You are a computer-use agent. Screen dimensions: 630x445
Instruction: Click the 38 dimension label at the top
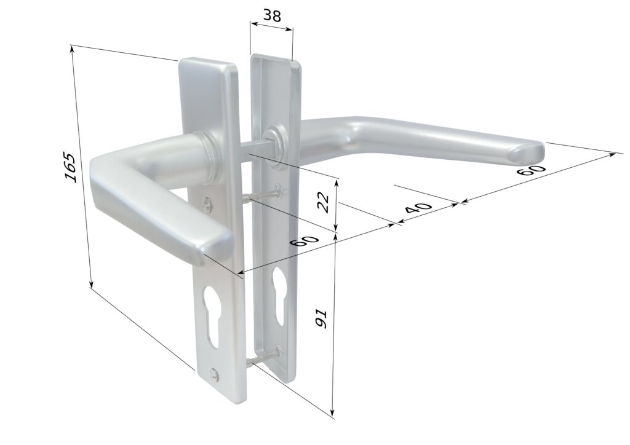271,15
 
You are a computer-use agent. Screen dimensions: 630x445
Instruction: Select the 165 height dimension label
70,167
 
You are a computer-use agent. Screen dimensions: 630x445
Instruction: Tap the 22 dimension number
324,202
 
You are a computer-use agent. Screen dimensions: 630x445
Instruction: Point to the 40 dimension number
418,208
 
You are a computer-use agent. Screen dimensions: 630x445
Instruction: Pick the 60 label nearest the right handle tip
531,169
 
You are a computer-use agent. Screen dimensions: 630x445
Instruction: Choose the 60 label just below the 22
305,242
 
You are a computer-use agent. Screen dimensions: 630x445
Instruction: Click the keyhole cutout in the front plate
212,316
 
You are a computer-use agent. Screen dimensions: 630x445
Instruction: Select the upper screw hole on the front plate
207,203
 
